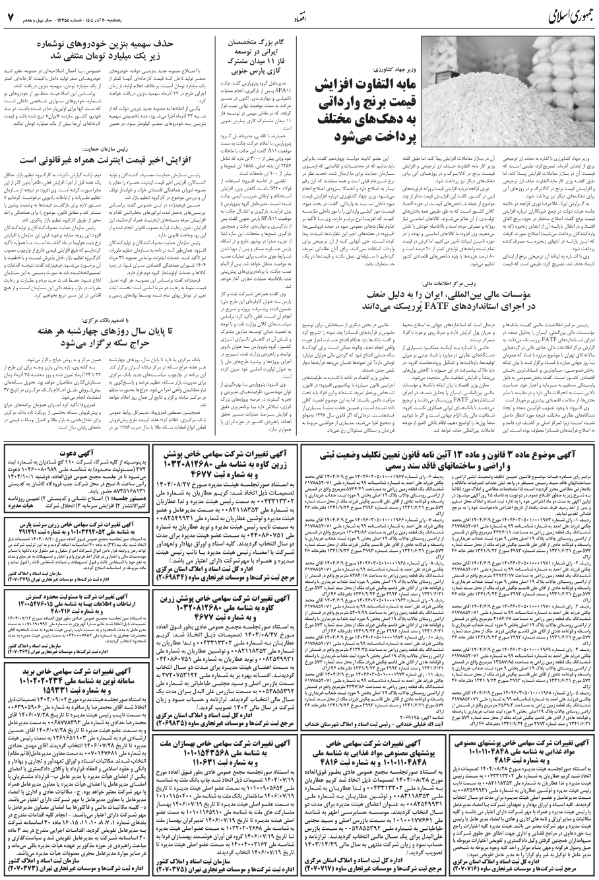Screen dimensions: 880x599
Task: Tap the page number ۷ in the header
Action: coord(11,15)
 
